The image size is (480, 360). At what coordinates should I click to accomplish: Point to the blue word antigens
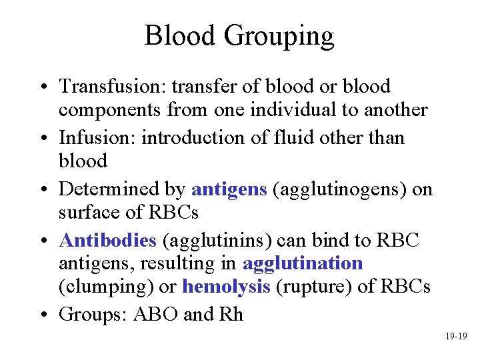(229, 189)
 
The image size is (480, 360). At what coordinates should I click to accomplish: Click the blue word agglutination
(303, 263)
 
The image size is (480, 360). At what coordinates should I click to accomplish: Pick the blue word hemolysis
(226, 287)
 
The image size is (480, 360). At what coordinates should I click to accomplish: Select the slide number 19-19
(457, 337)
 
